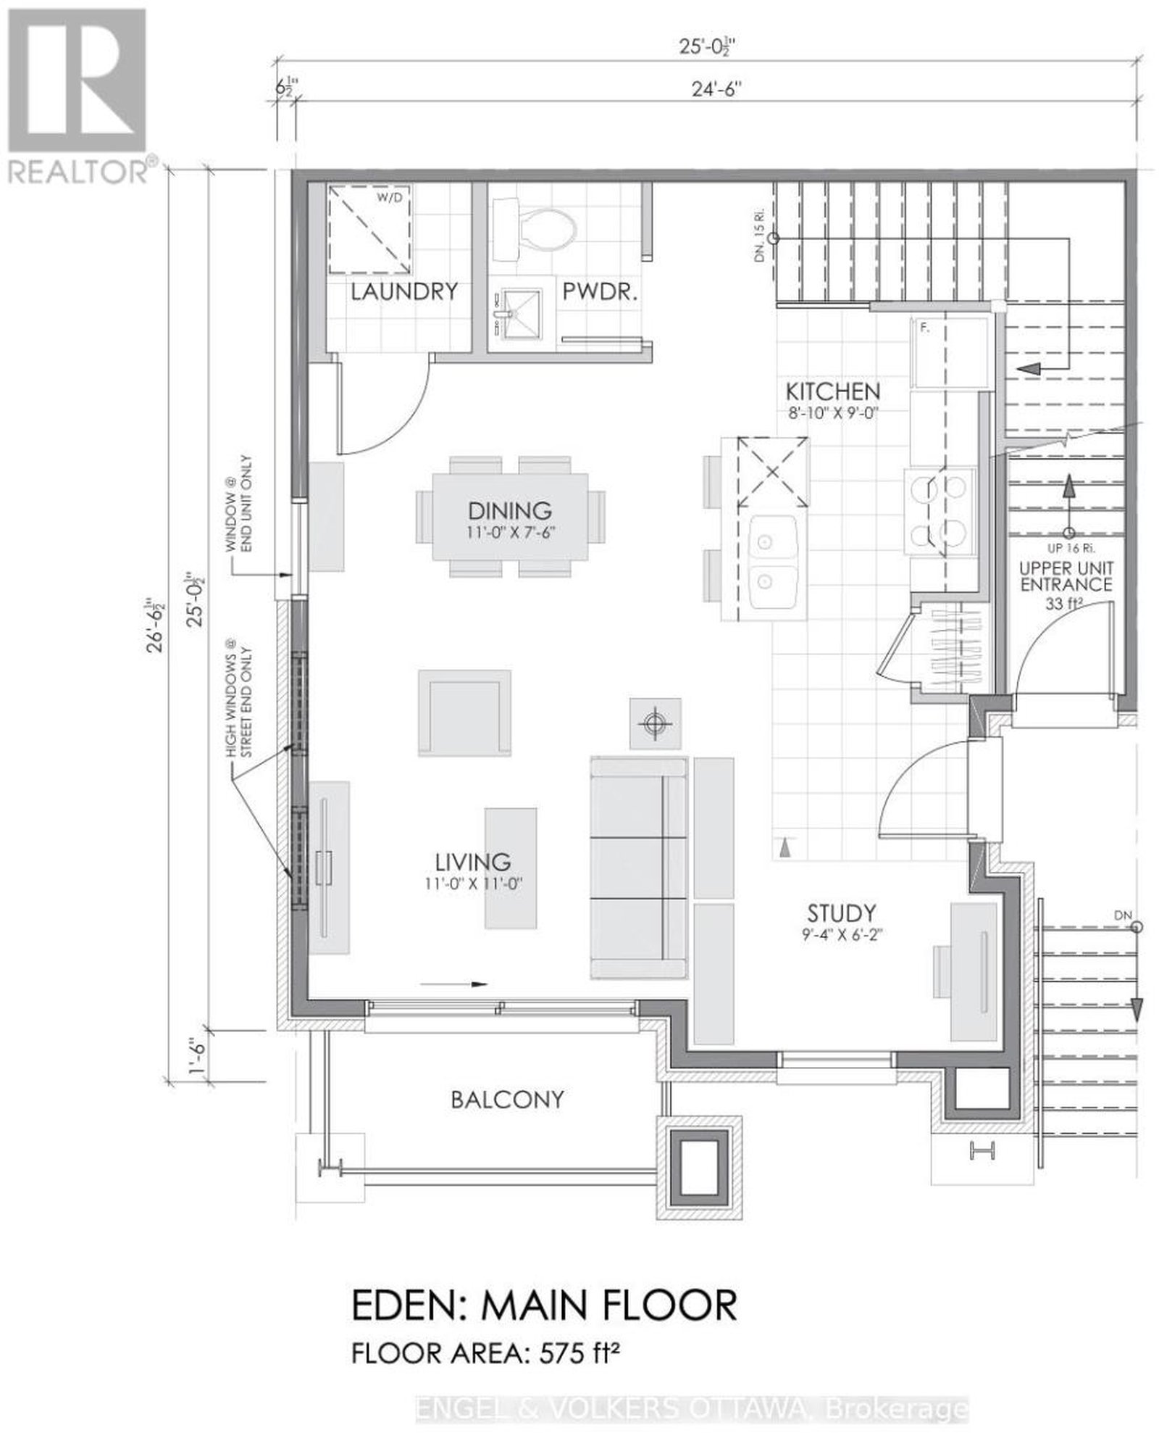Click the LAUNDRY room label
pos(404,292)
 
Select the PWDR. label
pos(600,292)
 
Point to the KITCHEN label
pos(833,391)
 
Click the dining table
pos(510,516)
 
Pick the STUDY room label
pos(842,912)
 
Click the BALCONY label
pos(507,1100)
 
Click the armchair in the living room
pos(464,713)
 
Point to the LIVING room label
pos(473,862)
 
